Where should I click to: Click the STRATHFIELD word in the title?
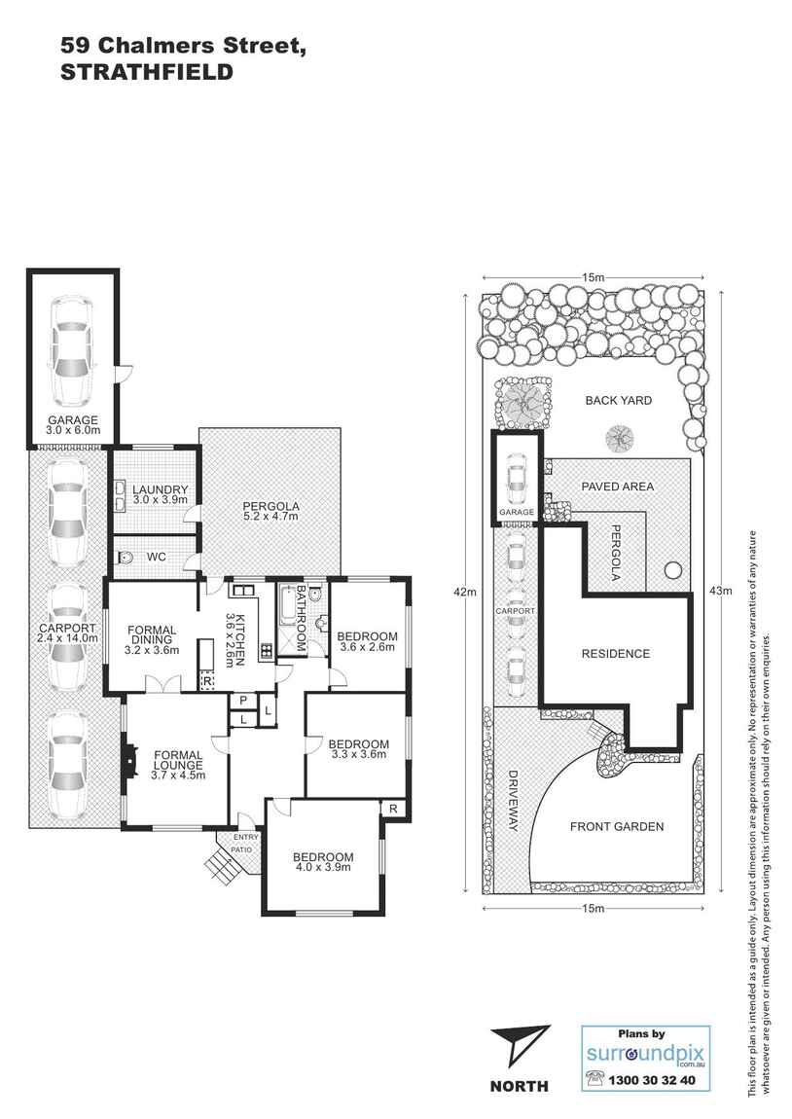pyautogui.click(x=147, y=71)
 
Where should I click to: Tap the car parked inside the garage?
pyautogui.click(x=72, y=349)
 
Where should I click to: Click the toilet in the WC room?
pyautogui.click(x=125, y=559)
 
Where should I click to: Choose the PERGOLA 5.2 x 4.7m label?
pyautogui.click(x=270, y=512)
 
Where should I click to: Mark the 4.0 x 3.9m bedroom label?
pyautogui.click(x=323, y=863)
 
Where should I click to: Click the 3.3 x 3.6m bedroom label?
pyautogui.click(x=359, y=748)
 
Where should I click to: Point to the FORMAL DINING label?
pyautogui.click(x=153, y=637)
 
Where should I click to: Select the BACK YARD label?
pyautogui.click(x=618, y=400)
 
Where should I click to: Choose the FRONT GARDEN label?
pyautogui.click(x=617, y=826)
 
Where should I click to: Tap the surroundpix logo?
pyautogui.click(x=645, y=1055)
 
